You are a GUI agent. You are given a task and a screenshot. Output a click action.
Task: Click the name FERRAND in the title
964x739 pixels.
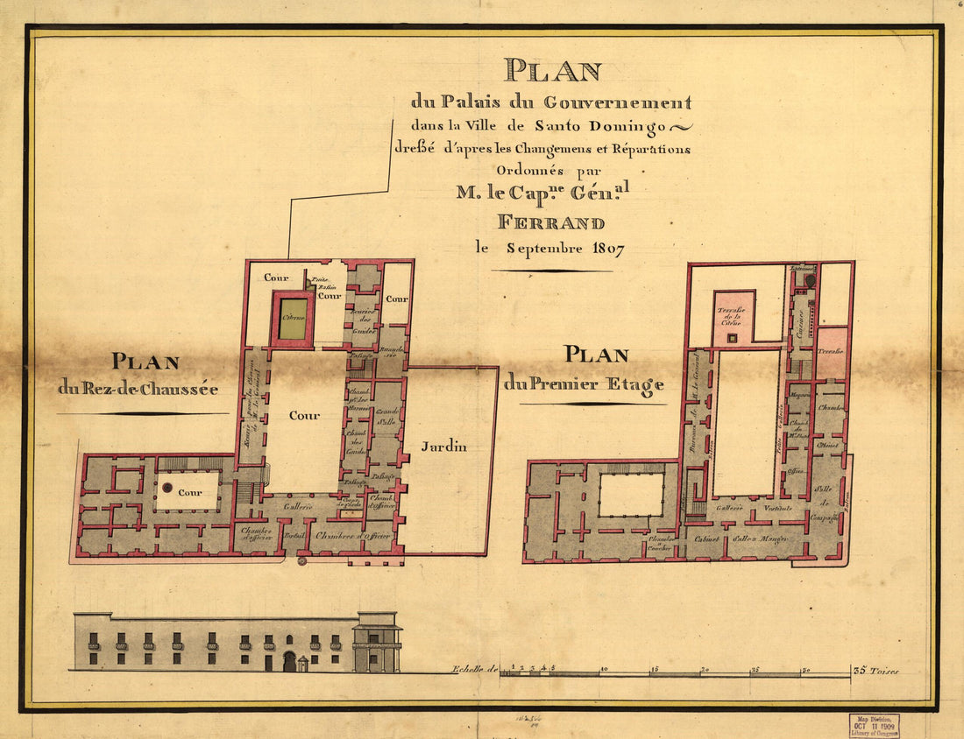[550, 222]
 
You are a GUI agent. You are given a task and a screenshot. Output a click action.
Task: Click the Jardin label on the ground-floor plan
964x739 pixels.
[443, 447]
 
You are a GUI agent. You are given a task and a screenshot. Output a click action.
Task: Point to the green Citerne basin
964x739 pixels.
[293, 320]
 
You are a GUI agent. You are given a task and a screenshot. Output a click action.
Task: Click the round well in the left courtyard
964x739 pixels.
[166, 487]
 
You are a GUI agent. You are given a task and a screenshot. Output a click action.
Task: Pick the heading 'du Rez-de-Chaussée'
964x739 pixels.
[138, 387]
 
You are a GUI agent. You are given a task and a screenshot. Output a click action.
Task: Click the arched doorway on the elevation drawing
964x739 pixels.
[289, 662]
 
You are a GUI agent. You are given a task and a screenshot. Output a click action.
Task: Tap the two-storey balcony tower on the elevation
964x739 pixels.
[377, 643]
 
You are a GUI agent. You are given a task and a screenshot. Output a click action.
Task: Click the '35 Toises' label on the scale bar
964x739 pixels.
[876, 672]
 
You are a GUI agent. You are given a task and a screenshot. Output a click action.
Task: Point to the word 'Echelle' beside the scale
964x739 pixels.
[469, 671]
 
